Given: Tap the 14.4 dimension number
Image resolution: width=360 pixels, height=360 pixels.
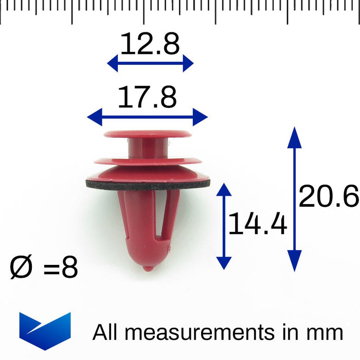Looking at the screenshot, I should [x=257, y=225].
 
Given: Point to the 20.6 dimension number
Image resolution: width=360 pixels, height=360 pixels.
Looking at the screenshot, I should [x=328, y=196].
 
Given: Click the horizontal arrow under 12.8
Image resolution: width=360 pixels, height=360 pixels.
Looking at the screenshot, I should [x=150, y=64].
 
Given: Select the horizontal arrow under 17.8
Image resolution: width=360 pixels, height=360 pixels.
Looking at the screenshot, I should [x=148, y=117].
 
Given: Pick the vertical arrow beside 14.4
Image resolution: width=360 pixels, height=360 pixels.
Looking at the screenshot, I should [x=224, y=226].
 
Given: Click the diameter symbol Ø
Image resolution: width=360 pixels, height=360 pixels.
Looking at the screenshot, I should [x=22, y=268].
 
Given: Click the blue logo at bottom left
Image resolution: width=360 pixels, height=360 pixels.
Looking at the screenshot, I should [x=45, y=331].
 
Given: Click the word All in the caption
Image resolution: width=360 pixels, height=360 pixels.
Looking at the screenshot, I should [x=105, y=332].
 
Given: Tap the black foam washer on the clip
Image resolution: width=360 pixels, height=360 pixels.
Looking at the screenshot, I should [x=148, y=184].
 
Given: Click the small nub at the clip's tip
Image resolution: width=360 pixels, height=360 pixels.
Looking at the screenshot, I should [x=148, y=268].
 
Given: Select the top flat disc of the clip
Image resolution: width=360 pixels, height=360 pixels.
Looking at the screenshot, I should [x=148, y=134].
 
